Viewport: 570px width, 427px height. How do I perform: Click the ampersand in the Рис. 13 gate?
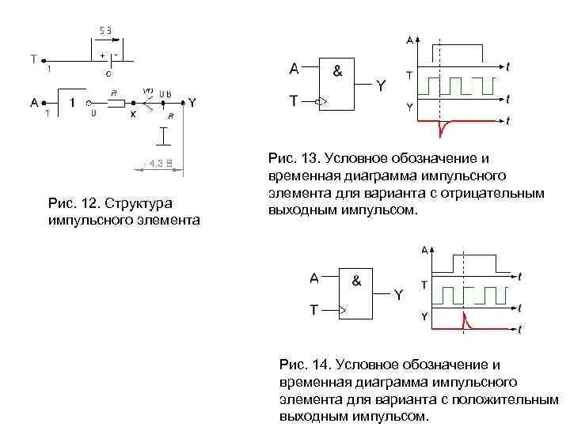[338, 70]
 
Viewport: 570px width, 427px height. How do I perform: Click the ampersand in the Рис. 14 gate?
[356, 280]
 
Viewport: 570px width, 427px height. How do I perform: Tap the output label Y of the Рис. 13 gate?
[381, 85]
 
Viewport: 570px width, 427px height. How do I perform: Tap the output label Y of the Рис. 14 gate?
[398, 294]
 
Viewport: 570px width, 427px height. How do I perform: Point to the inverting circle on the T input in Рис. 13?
[321, 101]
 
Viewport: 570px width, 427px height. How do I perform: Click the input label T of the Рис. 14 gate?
[314, 310]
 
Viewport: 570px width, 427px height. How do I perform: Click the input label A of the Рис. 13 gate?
[294, 69]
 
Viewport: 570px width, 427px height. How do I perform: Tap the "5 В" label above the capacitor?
[105, 30]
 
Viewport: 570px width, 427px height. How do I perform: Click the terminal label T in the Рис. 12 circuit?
[32, 59]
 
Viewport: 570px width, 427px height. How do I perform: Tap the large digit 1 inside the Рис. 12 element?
[72, 102]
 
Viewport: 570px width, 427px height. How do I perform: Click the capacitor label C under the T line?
[108, 74]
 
